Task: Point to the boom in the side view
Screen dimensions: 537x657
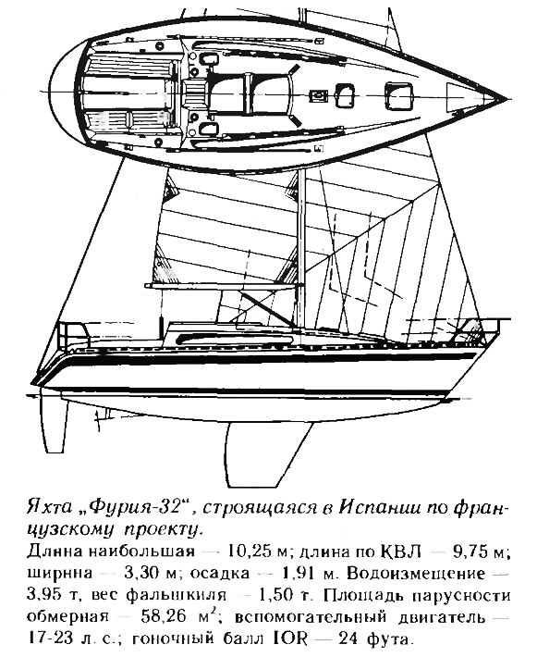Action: [x=224, y=285]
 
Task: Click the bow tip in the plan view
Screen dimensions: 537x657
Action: [x=506, y=99]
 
